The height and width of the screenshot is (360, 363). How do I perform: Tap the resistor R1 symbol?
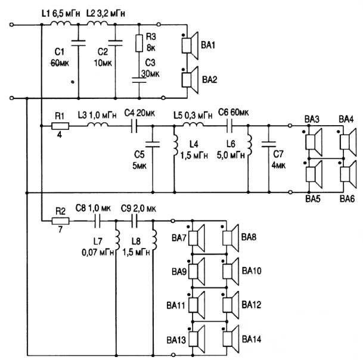click(x=59, y=126)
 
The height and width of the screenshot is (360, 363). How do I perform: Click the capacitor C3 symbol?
click(x=139, y=82)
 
